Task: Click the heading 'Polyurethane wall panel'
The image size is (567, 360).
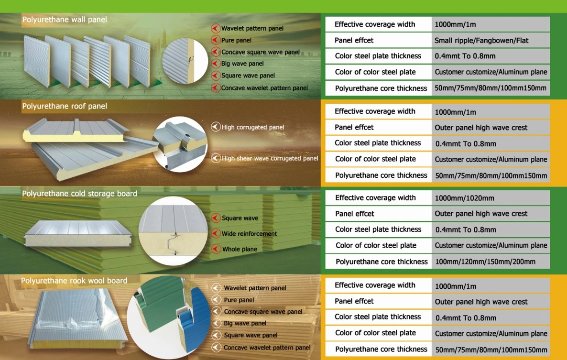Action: point(65,20)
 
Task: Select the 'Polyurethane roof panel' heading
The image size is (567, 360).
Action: point(65,106)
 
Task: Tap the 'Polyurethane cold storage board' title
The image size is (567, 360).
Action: point(79,194)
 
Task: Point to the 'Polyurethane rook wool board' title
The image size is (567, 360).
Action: point(74,281)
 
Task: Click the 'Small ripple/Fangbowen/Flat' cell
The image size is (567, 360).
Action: point(481,41)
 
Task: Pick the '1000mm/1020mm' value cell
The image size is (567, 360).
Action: point(464,198)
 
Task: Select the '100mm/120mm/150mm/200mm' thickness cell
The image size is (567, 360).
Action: point(485,262)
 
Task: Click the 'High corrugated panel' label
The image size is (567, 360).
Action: point(253,127)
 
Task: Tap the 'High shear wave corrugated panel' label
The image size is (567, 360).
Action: point(270,158)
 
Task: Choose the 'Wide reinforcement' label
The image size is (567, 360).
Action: point(249,234)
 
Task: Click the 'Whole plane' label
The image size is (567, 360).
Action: point(240,250)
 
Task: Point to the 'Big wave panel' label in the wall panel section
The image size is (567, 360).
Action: point(242,64)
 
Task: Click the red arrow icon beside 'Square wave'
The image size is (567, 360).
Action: point(216,218)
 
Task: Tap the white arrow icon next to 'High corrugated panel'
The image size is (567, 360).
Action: point(216,127)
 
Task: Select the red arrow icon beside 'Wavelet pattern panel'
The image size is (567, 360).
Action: point(216,28)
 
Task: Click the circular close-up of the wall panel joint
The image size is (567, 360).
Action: point(185,60)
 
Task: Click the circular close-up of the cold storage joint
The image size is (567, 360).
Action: point(173,230)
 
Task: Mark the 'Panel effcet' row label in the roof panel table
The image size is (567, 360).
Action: point(354,127)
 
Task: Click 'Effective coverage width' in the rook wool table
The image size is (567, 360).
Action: point(375,285)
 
